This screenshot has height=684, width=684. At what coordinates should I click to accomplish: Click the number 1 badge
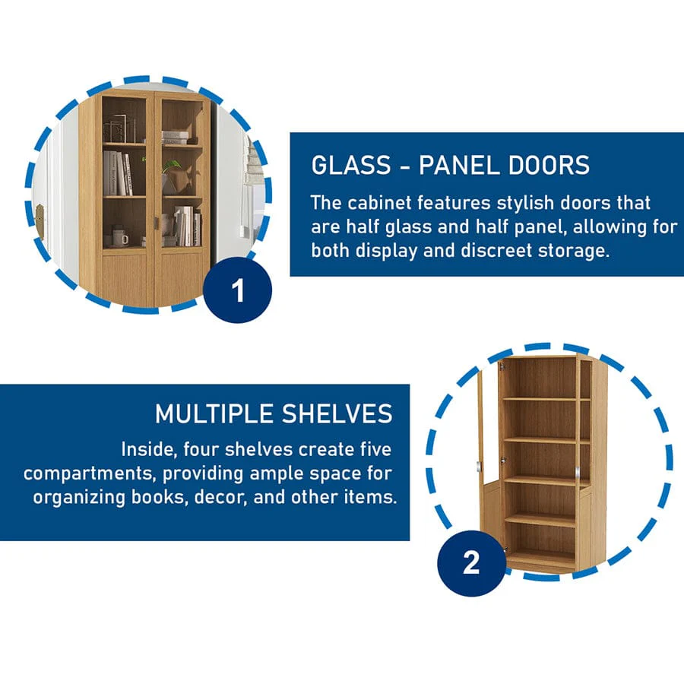coord(238,290)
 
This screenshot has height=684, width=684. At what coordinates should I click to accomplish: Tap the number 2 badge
coord(471,563)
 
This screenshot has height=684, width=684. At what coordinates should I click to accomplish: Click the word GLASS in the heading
coord(351,166)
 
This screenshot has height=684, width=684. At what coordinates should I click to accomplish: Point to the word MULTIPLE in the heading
coord(214,413)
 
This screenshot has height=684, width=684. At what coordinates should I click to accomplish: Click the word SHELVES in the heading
coord(337,413)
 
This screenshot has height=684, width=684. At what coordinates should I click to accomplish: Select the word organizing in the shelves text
coord(79,498)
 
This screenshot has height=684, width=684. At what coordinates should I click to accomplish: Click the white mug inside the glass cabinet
coord(120,237)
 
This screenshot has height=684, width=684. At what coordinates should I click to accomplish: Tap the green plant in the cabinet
coord(172,166)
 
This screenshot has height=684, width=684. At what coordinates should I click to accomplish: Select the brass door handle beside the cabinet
coord(40,221)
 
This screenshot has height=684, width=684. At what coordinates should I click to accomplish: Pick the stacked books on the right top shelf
coord(176,138)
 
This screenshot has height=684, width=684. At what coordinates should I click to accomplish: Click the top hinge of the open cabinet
coord(502,366)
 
